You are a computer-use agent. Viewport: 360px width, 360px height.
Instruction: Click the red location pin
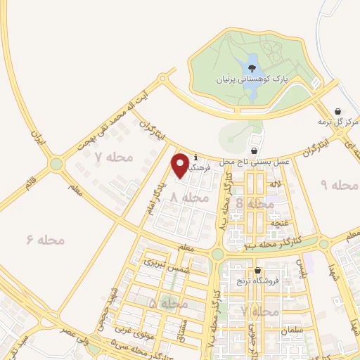tap(181, 165)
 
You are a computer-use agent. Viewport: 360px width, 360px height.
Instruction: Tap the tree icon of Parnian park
tap(252, 67)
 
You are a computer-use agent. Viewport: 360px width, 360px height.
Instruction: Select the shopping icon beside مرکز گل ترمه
tap(339, 111)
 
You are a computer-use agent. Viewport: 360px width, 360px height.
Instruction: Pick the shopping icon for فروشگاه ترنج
tap(259, 271)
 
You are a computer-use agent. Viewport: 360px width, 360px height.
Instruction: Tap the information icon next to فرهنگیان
tap(195, 158)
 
